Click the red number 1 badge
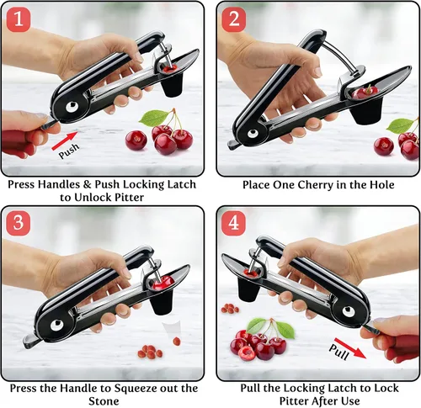19,19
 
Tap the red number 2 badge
234,19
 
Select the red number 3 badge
19,223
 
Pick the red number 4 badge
234,223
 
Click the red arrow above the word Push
65,140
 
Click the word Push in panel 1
69,151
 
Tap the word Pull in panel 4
339,352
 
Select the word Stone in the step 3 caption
104,401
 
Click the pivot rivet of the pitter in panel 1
72,107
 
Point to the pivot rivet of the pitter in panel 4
349,311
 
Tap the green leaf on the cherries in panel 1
153,118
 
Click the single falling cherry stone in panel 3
177,342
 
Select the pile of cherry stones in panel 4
230,309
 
